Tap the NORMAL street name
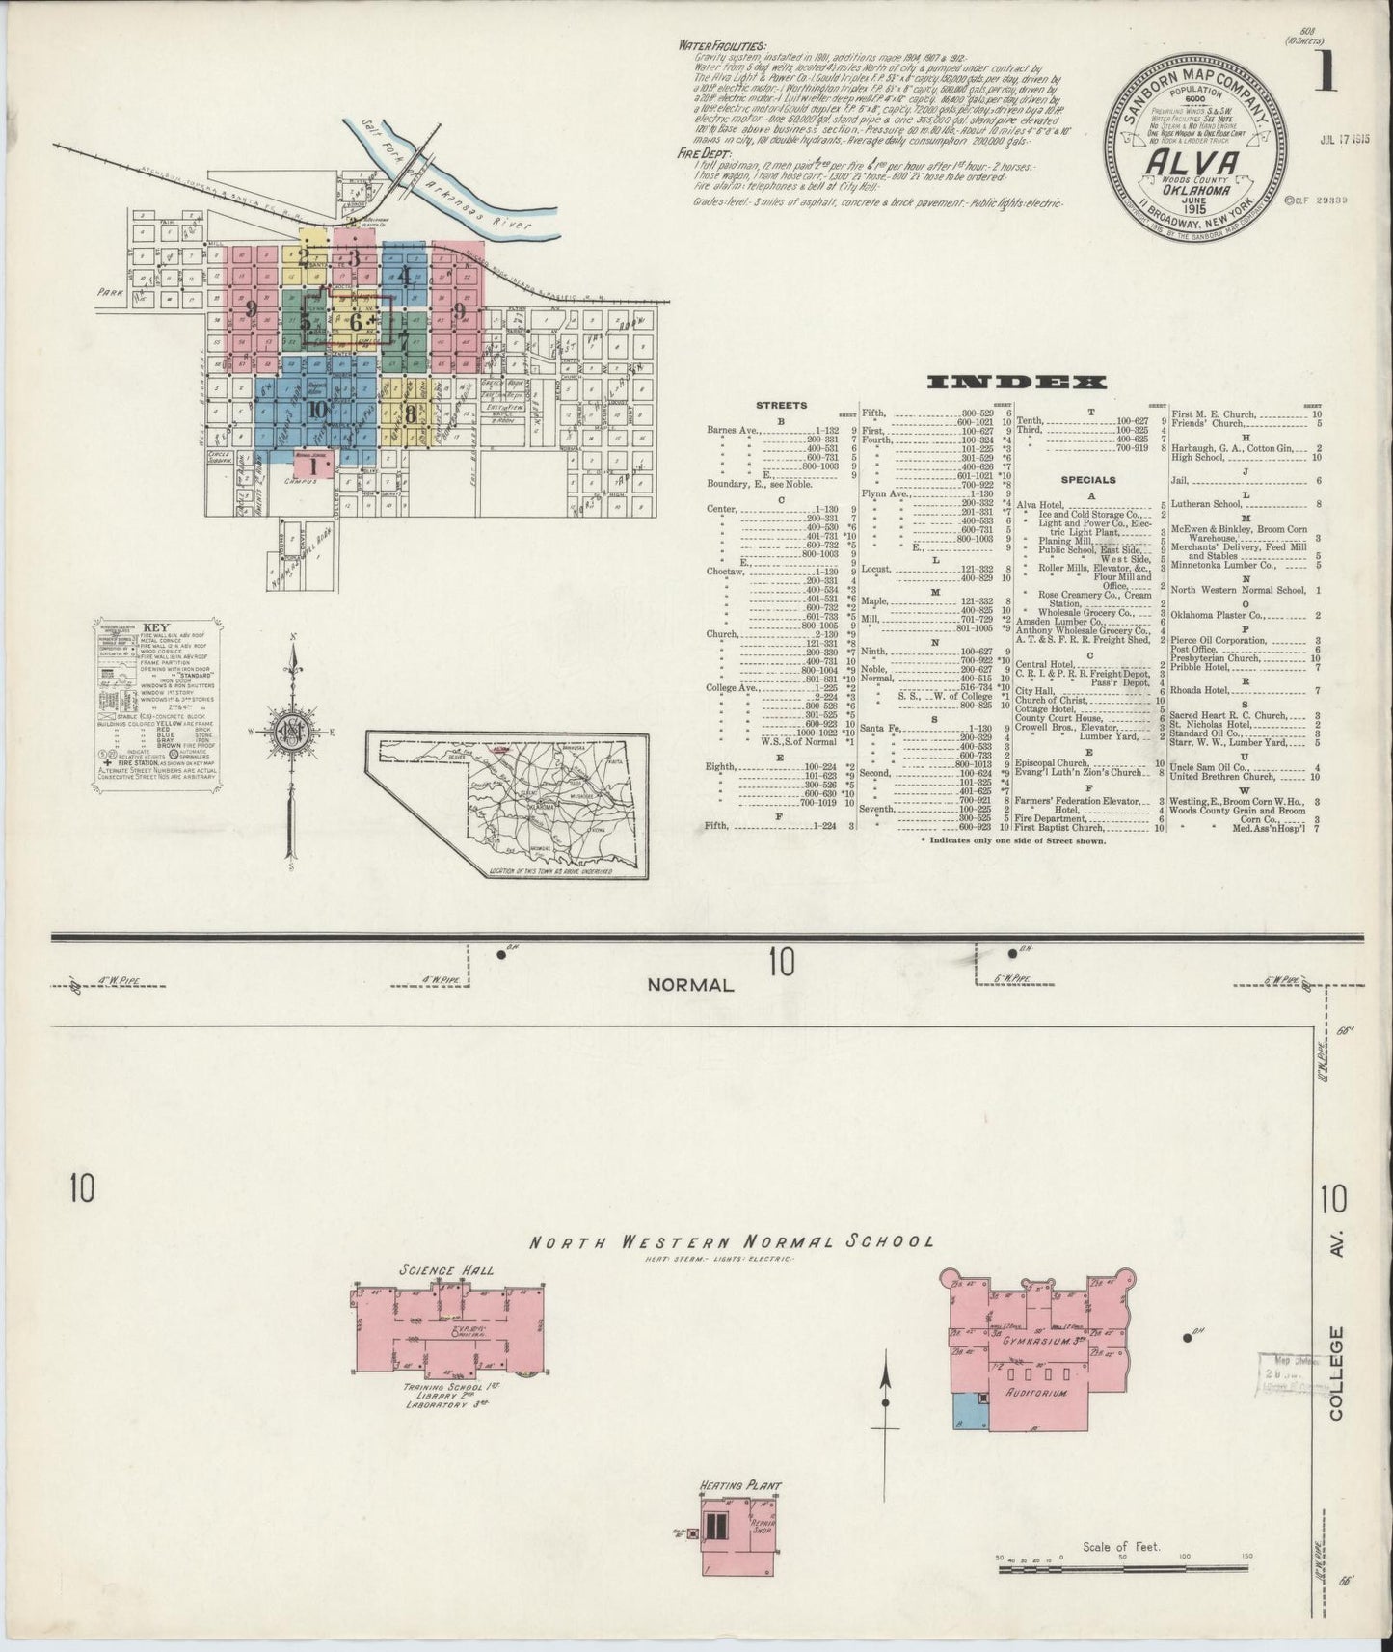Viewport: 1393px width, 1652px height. click(x=690, y=985)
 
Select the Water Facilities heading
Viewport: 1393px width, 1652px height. click(x=722, y=45)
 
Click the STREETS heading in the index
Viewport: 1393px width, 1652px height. click(x=782, y=406)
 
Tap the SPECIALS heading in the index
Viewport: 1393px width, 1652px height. click(x=1088, y=479)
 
